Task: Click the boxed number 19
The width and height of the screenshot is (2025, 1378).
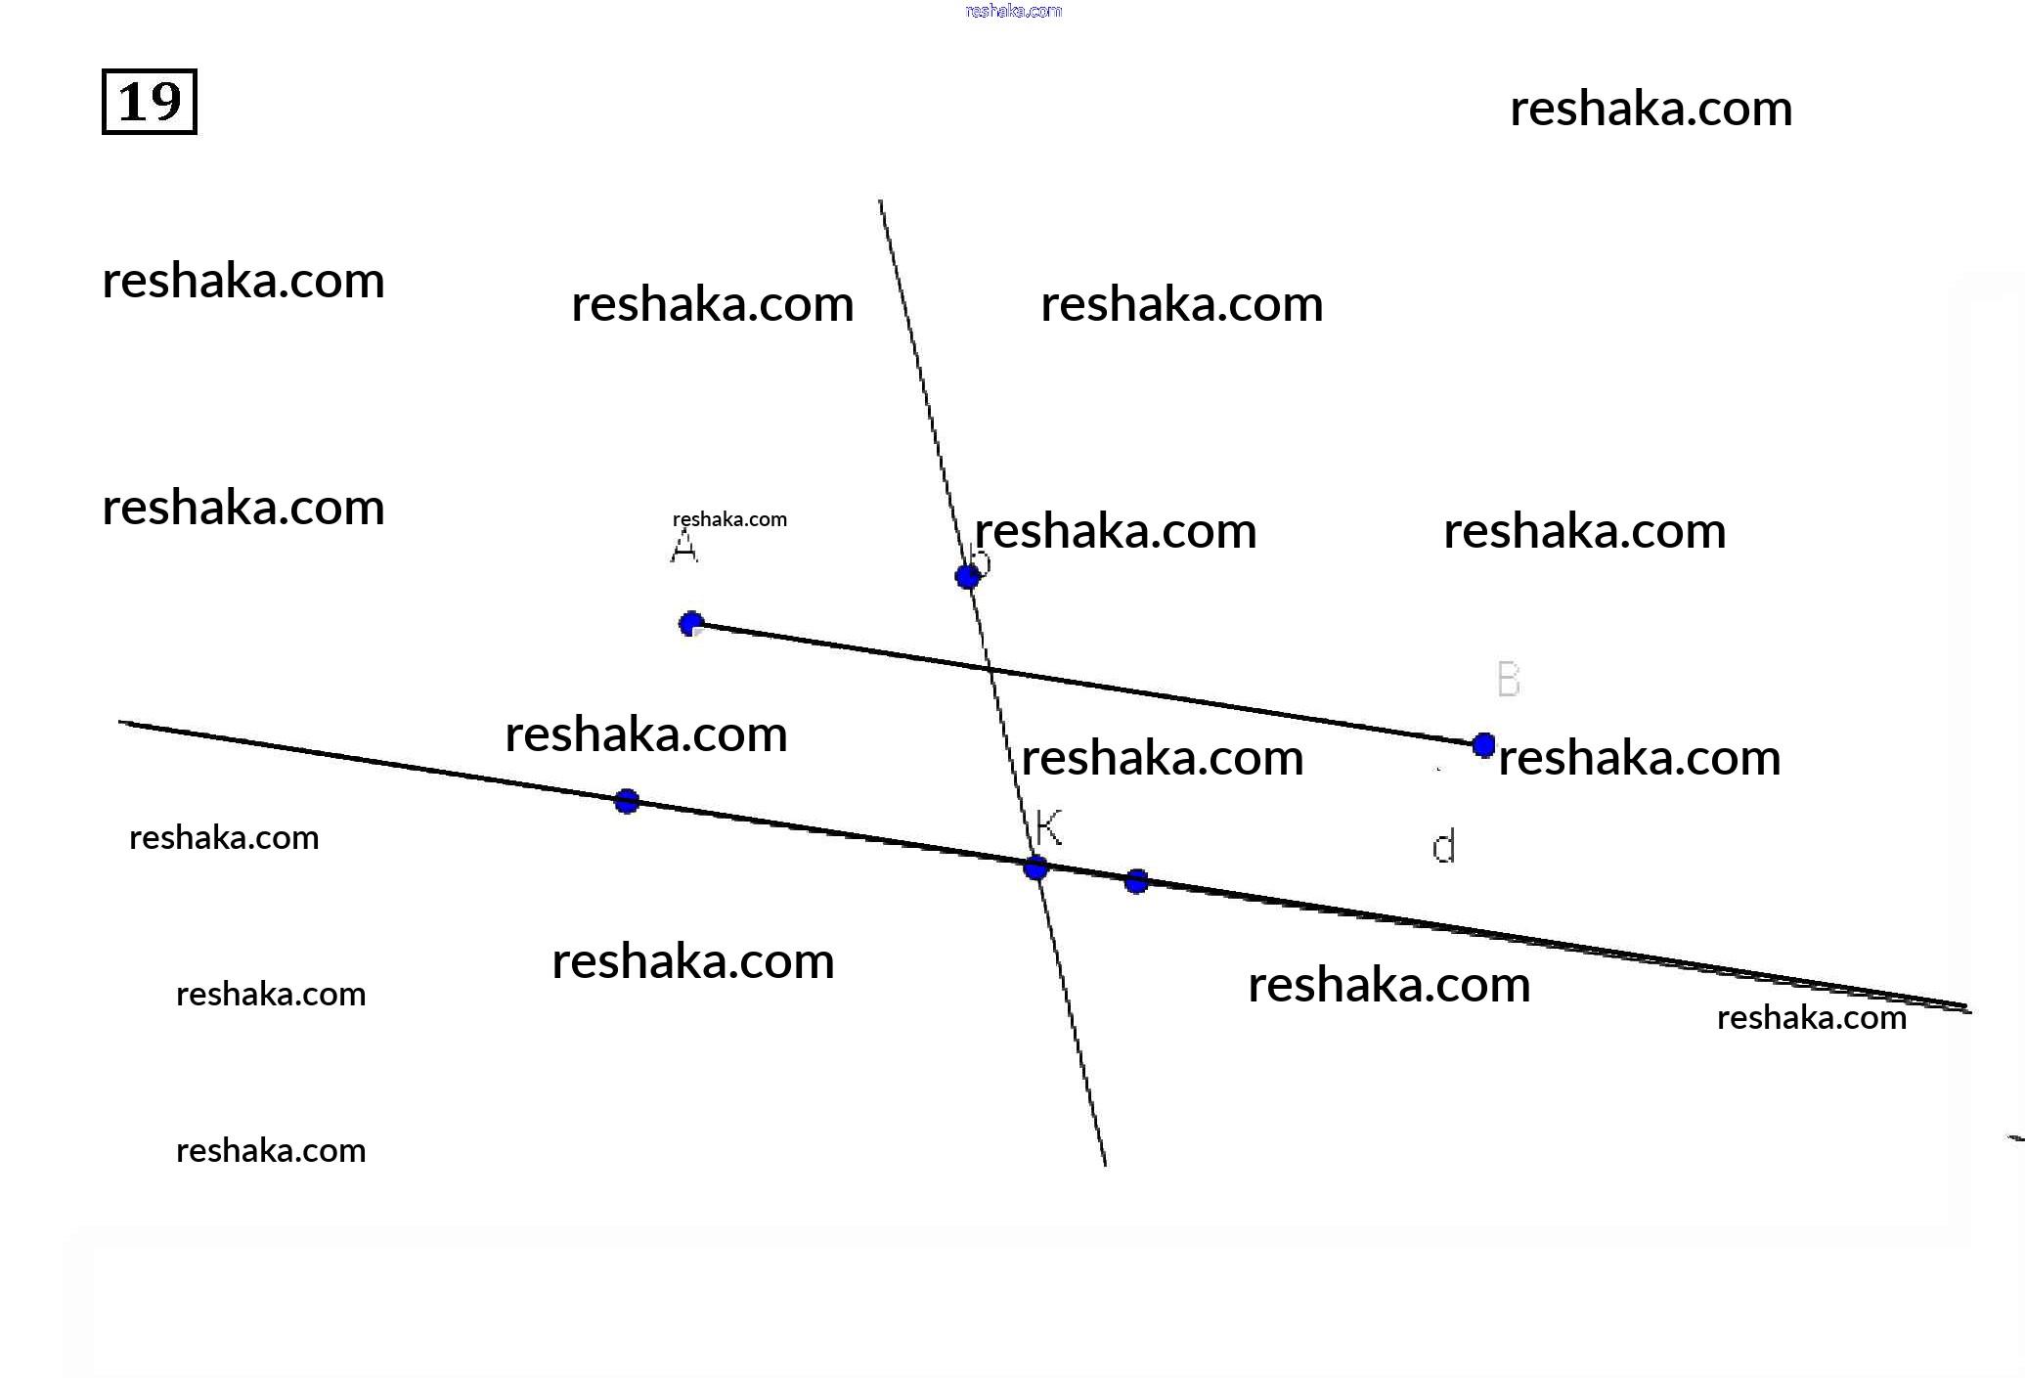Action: (150, 102)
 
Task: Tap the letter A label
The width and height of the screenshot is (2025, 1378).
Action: (684, 547)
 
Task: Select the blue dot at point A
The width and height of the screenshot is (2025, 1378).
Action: (691, 624)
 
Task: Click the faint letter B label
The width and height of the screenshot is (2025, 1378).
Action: (1509, 679)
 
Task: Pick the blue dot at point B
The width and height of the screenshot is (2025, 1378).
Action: (1483, 745)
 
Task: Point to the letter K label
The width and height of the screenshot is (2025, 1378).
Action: (1048, 827)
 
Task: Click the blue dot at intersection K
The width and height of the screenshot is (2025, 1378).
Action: (1035, 867)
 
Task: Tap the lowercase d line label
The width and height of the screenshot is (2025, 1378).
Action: (1443, 846)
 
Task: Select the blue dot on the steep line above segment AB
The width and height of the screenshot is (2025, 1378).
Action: (967, 577)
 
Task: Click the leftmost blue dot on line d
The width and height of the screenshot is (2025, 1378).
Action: (627, 802)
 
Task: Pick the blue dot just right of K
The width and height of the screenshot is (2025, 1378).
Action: (1136, 882)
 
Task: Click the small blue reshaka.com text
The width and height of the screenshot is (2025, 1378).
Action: (1013, 11)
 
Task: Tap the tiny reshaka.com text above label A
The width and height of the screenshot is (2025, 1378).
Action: (729, 519)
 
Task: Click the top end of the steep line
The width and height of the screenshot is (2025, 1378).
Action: (880, 202)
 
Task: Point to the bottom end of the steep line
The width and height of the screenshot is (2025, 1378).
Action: (1105, 1164)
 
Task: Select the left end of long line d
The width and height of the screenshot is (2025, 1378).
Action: (121, 723)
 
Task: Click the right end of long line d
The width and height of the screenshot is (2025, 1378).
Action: (1968, 1009)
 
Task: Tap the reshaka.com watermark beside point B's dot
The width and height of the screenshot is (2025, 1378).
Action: (1639, 758)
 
